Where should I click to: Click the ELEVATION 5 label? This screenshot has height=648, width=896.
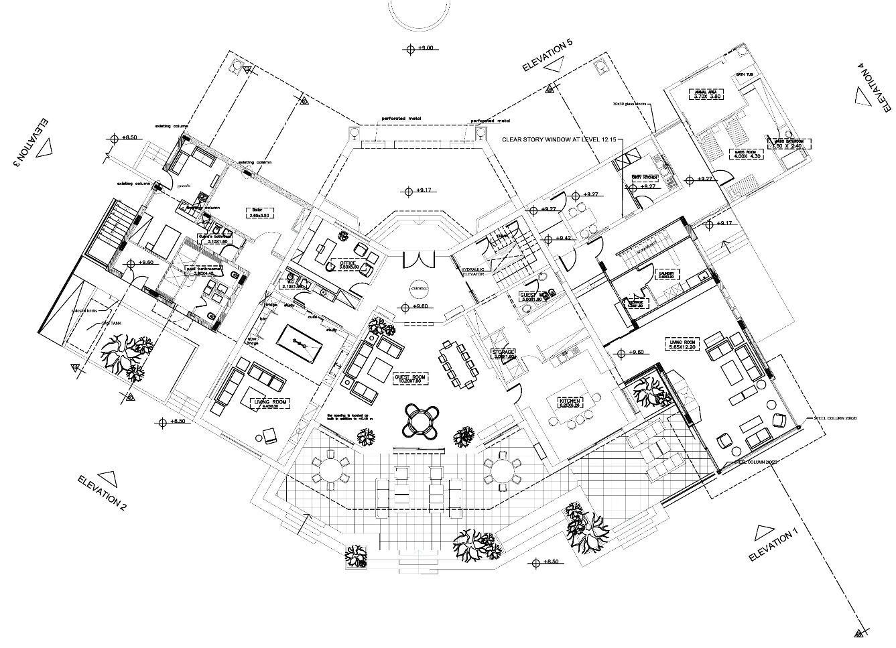pos(547,56)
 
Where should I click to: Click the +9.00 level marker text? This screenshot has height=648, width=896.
pos(426,48)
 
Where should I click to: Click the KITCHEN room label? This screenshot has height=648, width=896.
pos(573,402)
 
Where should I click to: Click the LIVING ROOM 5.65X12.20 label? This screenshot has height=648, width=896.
pos(683,344)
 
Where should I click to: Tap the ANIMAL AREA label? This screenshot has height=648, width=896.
pos(706,94)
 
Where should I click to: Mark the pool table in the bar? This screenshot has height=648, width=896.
pos(301,345)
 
